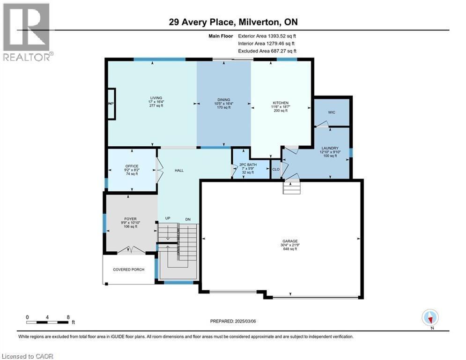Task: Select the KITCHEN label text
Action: [x=281, y=103]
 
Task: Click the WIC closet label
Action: [x=332, y=112]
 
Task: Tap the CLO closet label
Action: [x=276, y=169]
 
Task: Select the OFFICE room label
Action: [x=132, y=166]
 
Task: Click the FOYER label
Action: [x=130, y=219]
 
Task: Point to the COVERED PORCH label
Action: [x=129, y=270]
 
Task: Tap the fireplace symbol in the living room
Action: [x=111, y=104]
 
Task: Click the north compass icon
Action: [x=429, y=317]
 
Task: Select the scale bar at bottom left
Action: [x=48, y=322]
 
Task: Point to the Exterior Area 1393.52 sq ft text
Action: [x=267, y=36]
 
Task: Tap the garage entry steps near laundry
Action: [x=290, y=188]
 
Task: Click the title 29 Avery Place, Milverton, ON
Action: [x=233, y=22]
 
